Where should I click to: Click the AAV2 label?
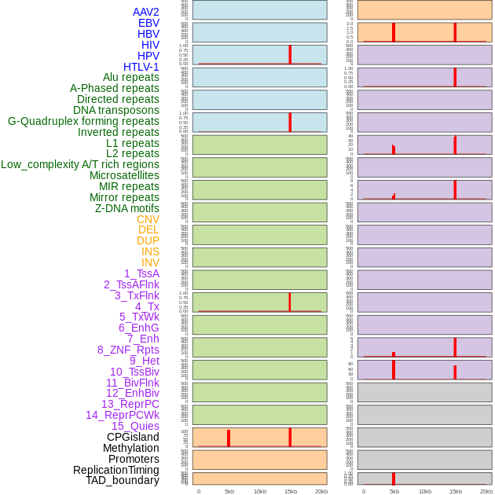(x=145, y=12)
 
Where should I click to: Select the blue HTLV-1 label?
(x=141, y=67)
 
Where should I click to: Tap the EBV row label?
(x=148, y=23)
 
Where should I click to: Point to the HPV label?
(x=148, y=56)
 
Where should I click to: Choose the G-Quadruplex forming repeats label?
(x=83, y=121)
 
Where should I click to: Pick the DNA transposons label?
(x=115, y=110)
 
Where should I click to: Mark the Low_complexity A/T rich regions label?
(x=80, y=164)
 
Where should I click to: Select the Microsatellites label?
(x=124, y=175)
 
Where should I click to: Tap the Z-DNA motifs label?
(x=127, y=208)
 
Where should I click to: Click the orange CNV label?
(x=148, y=219)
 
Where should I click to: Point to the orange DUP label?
(x=148, y=240)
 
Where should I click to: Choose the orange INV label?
(x=150, y=262)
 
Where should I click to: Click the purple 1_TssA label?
(x=141, y=273)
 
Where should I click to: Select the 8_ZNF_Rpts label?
(x=128, y=350)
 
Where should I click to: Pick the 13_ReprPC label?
(x=130, y=404)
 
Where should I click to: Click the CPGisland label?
(x=133, y=437)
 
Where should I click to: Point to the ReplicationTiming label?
(x=115, y=470)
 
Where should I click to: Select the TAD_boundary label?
(x=123, y=480)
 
